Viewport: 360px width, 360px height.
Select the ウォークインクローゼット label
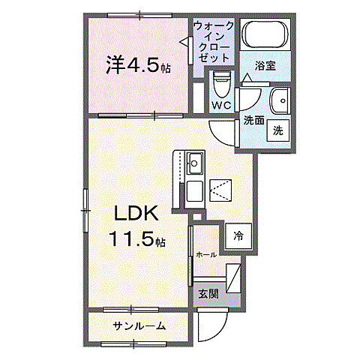coord(214,42)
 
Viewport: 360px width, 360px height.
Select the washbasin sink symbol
coord(280,99)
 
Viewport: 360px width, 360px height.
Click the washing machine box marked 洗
coord(278,129)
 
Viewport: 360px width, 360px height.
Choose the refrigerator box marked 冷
coord(238,234)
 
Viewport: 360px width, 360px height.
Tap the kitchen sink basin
coord(195,162)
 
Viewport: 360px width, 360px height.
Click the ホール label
coord(206,255)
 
